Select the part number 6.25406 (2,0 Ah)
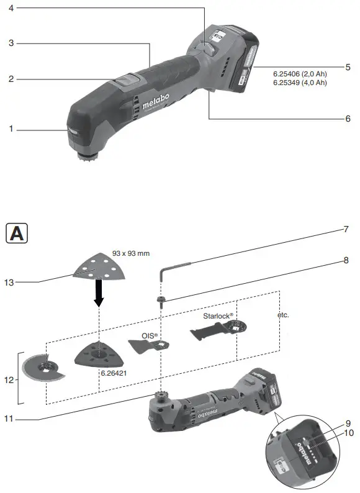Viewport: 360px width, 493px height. click(300, 74)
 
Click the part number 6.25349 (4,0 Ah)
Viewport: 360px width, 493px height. click(300, 83)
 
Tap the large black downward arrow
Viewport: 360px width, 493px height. click(99, 293)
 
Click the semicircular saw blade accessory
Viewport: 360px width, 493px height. click(38, 370)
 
